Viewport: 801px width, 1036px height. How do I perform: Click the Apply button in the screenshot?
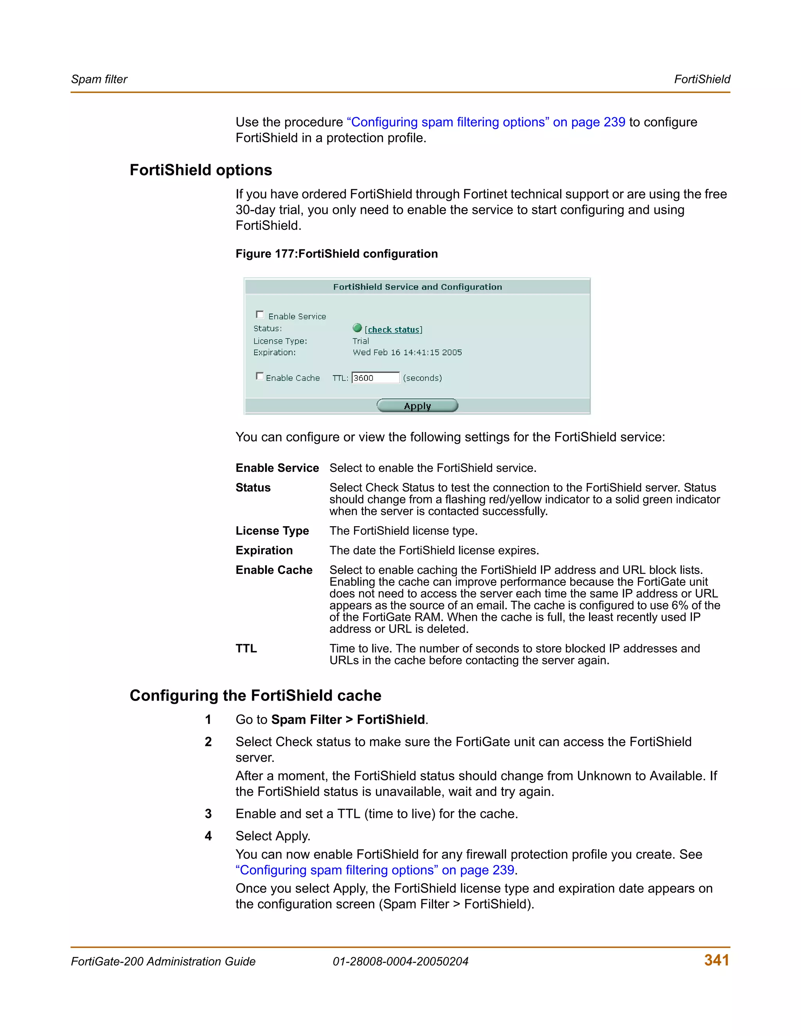point(417,405)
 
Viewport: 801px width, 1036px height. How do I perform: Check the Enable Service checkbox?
point(260,314)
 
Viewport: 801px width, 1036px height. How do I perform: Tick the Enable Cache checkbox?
point(260,376)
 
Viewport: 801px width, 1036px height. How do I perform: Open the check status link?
point(393,329)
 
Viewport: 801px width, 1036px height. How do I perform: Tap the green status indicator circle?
point(357,328)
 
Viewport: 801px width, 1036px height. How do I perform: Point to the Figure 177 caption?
point(336,254)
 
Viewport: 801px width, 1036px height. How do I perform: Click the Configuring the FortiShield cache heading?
point(255,695)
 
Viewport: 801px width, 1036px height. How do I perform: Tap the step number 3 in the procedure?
point(208,814)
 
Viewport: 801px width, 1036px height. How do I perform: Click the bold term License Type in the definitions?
point(272,531)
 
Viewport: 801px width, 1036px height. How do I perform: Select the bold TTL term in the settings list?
point(246,649)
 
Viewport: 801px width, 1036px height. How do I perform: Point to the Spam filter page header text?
point(99,79)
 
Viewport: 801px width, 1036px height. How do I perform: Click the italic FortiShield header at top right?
point(702,79)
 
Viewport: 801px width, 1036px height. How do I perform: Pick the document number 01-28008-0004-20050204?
point(400,962)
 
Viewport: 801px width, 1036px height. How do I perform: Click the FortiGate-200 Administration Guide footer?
point(163,962)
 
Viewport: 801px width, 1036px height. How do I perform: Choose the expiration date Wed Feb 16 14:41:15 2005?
point(407,353)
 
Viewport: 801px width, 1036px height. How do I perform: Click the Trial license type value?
point(361,341)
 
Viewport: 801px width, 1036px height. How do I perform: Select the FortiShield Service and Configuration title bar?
point(417,287)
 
